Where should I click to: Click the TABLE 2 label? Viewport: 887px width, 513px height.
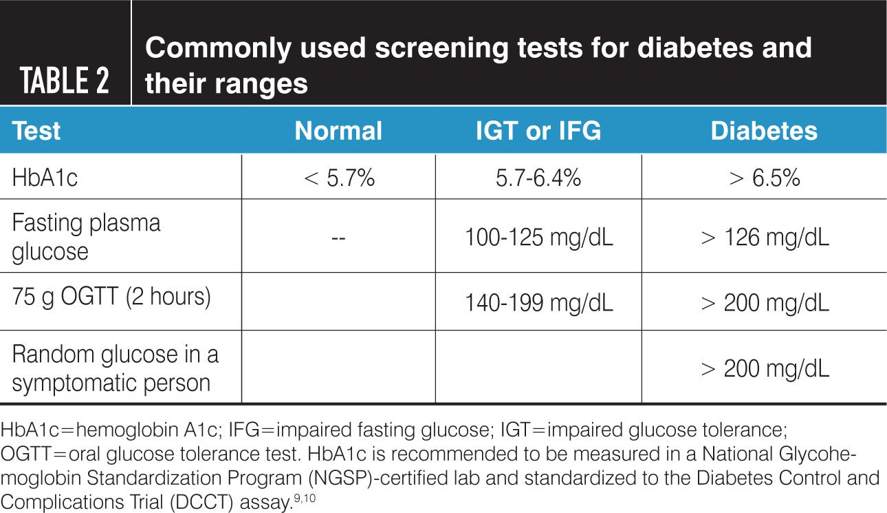coord(65,81)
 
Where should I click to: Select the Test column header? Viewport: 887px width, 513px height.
coord(36,131)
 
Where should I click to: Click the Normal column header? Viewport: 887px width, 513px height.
coord(338,131)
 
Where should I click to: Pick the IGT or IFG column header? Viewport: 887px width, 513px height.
coord(538,131)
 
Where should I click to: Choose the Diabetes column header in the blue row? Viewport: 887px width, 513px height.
coord(764,131)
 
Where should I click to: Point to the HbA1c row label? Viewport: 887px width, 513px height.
coord(45,178)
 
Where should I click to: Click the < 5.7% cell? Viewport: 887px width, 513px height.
coord(338,178)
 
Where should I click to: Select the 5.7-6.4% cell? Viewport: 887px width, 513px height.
coord(538,178)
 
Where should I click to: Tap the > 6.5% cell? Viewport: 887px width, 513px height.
coord(764,178)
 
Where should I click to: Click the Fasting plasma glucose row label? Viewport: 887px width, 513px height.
coord(86,237)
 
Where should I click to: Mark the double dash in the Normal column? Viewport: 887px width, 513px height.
coord(338,238)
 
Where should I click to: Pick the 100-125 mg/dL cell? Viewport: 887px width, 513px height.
coord(538,238)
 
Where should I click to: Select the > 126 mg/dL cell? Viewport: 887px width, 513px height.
coord(764,238)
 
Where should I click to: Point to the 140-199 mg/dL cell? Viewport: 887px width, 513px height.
coord(538,302)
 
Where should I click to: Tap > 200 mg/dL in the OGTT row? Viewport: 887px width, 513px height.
coord(764,302)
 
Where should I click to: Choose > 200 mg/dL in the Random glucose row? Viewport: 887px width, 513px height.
coord(764,368)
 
